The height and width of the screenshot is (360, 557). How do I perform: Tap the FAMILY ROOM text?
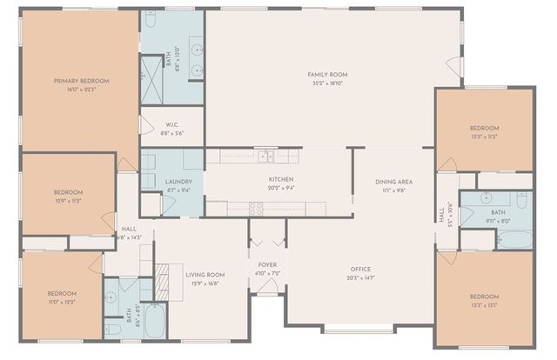[x=326, y=75]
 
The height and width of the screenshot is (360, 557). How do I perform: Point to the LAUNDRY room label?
[x=178, y=182]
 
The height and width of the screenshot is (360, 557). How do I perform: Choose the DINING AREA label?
[x=393, y=181]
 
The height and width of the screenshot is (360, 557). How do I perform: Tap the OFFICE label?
[x=360, y=269]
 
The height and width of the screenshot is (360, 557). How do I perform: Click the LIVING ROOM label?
[x=205, y=275]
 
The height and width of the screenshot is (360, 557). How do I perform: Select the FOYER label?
[x=267, y=264]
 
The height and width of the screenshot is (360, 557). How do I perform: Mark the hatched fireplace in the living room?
[x=163, y=276]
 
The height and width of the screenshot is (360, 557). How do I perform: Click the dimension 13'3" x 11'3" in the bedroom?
[x=483, y=137]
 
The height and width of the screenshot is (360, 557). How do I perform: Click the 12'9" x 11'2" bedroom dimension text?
[x=67, y=200]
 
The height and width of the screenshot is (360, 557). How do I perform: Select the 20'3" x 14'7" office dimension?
[x=360, y=277]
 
